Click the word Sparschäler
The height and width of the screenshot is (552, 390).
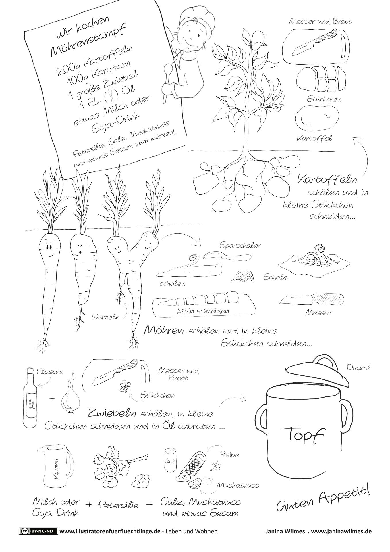(x=240, y=245)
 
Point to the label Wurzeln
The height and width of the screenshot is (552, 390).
(x=105, y=317)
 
